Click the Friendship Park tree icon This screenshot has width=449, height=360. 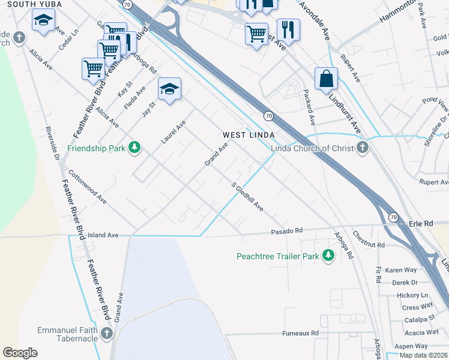[136, 148]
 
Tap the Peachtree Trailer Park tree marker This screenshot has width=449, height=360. [328, 256]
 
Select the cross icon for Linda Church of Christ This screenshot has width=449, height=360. [362, 148]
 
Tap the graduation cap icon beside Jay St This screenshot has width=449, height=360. [169, 90]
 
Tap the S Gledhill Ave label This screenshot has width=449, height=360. [248, 196]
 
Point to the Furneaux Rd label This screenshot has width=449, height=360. [301, 333]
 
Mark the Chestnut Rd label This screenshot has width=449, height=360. [369, 240]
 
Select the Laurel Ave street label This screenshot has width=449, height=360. [173, 132]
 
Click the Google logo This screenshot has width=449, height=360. [20, 353]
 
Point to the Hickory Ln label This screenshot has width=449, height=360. [412, 295]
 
